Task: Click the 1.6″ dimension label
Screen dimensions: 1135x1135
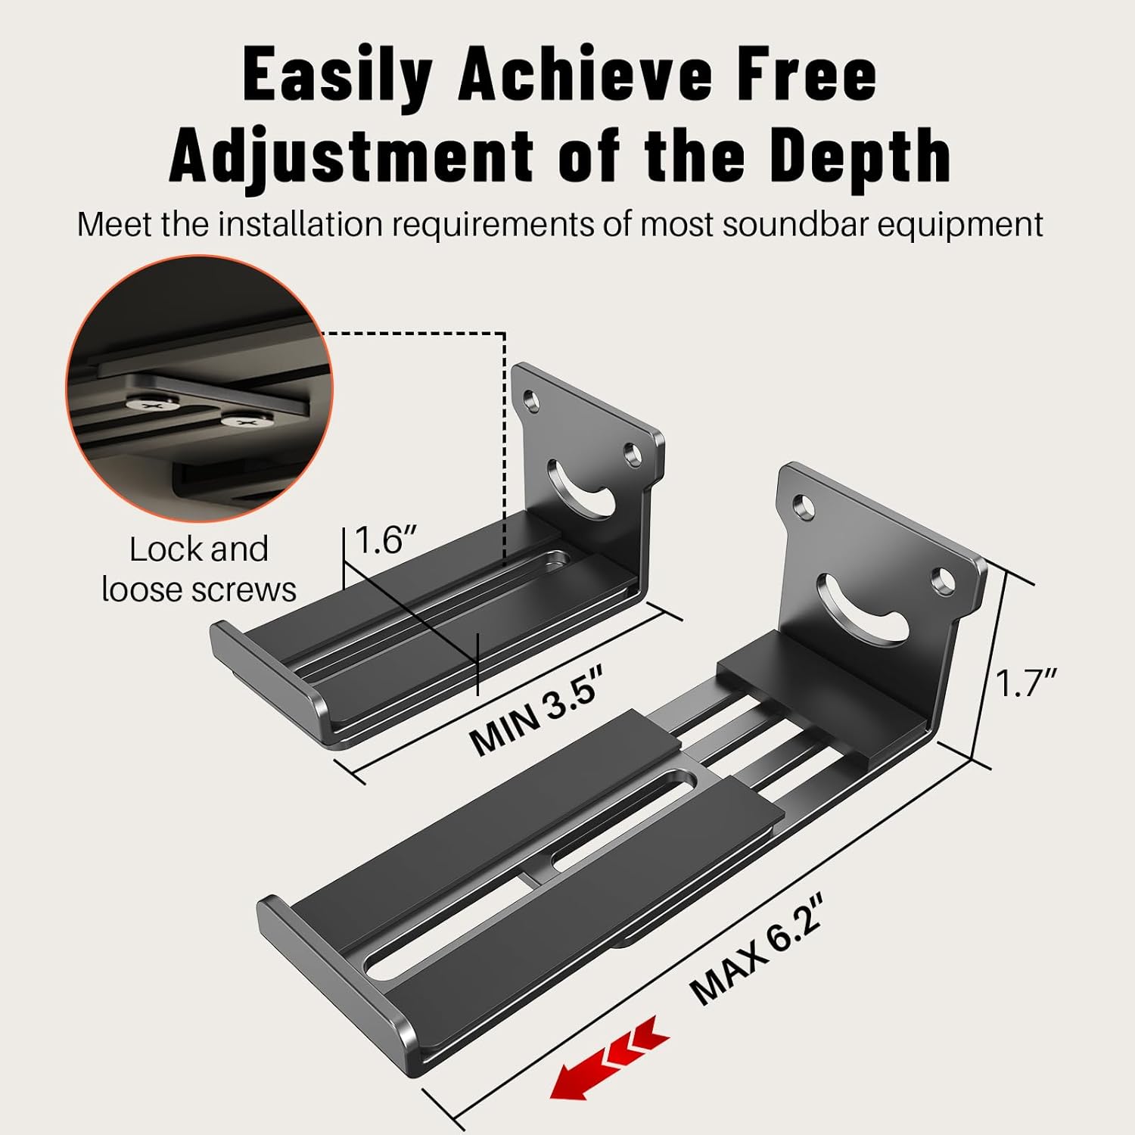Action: point(385,540)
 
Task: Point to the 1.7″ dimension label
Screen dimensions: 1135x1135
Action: point(1025,683)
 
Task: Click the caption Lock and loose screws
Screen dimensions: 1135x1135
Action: point(199,569)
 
